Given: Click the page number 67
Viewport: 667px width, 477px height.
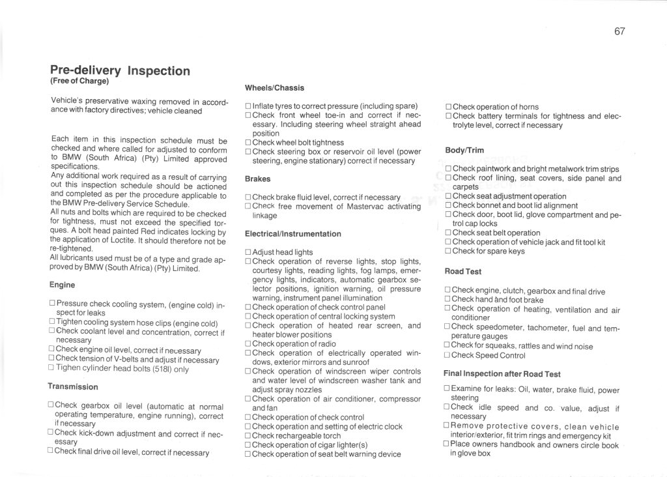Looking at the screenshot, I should click(619, 31).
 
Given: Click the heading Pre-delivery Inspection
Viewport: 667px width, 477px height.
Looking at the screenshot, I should click(120, 70).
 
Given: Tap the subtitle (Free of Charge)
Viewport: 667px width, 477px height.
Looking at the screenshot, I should click(79, 81).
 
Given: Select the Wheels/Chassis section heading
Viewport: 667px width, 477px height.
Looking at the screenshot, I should click(274, 87).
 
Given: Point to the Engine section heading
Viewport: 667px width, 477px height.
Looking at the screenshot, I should click(62, 285).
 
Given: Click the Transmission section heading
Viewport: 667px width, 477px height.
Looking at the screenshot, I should click(72, 386).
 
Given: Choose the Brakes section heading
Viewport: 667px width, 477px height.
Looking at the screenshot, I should click(257, 179).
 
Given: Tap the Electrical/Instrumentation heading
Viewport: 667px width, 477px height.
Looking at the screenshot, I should click(292, 233).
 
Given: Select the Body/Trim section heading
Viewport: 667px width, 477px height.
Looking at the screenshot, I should click(464, 150).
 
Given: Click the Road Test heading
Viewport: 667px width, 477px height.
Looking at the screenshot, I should click(463, 271).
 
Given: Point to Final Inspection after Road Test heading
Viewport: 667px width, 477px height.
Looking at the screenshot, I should click(502, 374).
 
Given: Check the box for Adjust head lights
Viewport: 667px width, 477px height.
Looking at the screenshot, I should click(248, 252).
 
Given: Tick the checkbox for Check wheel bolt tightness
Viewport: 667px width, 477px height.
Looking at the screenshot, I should click(248, 143).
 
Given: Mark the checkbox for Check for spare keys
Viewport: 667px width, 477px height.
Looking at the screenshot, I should click(447, 252).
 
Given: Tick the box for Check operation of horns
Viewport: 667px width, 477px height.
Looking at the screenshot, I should click(447, 107).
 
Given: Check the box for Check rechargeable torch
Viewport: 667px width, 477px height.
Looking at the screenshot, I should click(248, 436).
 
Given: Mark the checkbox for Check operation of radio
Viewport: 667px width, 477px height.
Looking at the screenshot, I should click(248, 344).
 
